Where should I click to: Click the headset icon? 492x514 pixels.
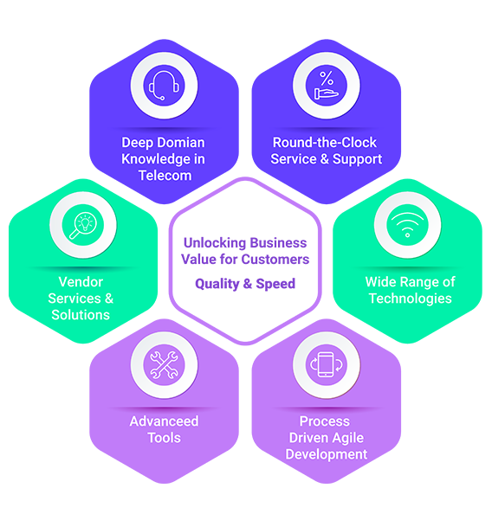[164, 86]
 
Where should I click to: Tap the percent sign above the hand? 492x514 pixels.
[327, 78]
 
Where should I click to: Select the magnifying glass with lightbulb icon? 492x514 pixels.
[82, 225]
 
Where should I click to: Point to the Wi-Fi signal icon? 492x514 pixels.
[407, 224]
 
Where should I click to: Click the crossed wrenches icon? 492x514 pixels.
[164, 365]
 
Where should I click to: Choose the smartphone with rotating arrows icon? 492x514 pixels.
[327, 364]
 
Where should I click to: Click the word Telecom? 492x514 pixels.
[165, 176]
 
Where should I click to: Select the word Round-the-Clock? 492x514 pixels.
[325, 143]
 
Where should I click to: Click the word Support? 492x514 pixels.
[358, 159]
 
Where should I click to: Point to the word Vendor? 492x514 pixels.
[81, 282]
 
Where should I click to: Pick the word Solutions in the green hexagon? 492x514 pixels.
[81, 315]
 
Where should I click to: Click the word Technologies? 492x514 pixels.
[411, 299]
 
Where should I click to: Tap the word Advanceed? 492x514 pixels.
[164, 421]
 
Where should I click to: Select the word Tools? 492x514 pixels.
[164, 438]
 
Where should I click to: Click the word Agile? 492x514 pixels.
[347, 438]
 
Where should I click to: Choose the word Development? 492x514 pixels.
[327, 454]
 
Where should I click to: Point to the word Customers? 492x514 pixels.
[275, 260]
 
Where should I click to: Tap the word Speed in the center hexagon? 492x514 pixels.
[275, 284]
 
